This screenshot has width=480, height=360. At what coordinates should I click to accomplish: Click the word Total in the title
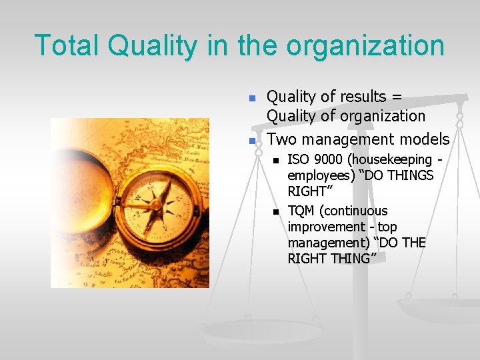67,45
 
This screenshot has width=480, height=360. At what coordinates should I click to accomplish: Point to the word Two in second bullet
281,139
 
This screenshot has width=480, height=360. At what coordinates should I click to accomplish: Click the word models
424,139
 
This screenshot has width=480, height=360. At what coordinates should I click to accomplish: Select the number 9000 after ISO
326,160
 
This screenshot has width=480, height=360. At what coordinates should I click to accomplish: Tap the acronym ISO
298,160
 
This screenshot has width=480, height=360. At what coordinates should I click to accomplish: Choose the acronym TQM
302,211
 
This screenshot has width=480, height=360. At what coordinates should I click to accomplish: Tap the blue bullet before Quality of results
252,98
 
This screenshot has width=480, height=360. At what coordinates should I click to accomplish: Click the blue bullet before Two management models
252,140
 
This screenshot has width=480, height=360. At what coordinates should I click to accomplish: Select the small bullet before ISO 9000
274,161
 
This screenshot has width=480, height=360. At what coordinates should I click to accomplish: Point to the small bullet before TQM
274,212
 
